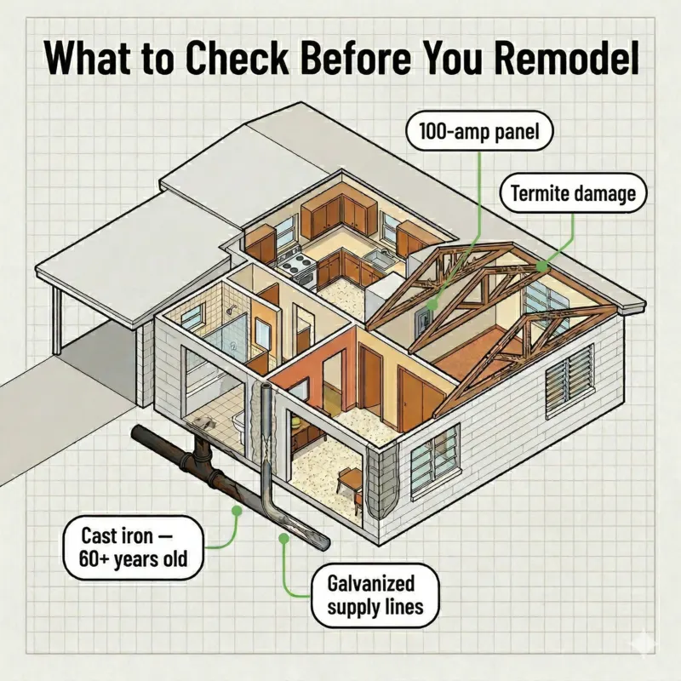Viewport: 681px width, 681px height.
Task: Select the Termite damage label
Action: (x=573, y=193)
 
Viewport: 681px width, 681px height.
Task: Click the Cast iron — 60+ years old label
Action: (x=129, y=549)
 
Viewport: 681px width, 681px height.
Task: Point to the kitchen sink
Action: (x=375, y=258)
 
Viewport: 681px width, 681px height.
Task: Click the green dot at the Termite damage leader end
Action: (x=542, y=266)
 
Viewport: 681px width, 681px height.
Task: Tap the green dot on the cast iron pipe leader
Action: (x=236, y=511)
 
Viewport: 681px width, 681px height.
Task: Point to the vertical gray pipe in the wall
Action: (x=266, y=443)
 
